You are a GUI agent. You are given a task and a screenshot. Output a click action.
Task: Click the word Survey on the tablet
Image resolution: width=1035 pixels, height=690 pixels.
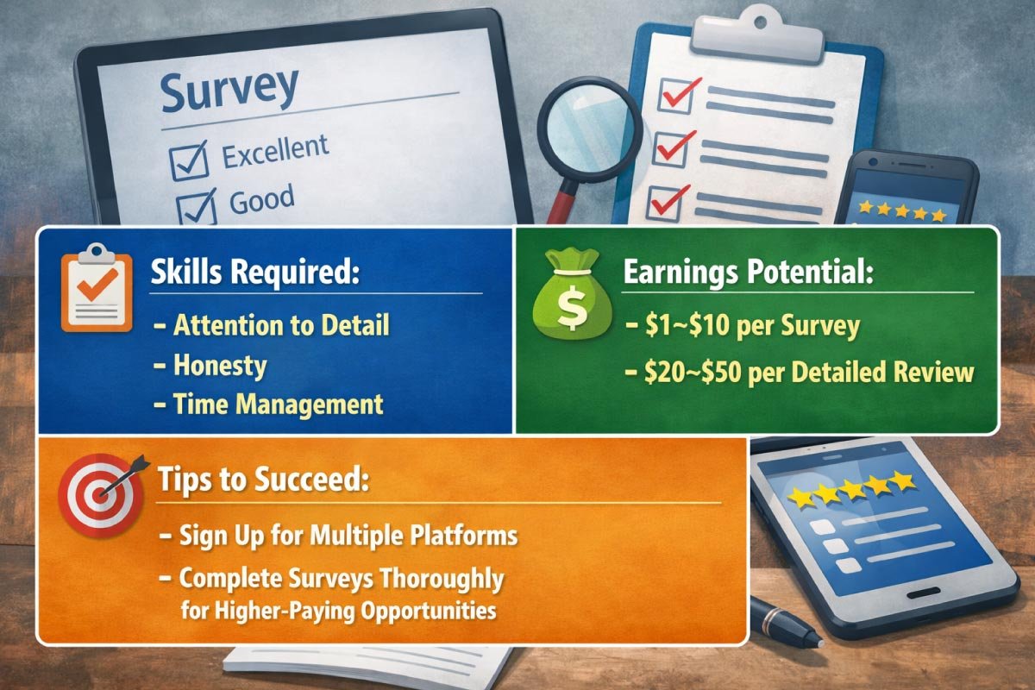228,88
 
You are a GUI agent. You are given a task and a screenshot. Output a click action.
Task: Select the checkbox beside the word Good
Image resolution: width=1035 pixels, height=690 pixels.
195,207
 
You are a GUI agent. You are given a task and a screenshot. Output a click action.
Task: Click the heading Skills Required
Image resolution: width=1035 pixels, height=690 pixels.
254,275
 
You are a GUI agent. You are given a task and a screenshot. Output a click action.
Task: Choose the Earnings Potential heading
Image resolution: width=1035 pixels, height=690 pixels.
748,273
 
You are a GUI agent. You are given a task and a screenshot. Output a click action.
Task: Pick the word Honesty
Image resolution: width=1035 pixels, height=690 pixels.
220,365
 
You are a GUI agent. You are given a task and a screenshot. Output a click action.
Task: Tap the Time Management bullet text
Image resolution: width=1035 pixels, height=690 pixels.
278,404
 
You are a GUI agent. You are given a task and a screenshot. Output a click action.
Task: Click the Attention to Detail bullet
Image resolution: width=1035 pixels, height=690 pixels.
281,325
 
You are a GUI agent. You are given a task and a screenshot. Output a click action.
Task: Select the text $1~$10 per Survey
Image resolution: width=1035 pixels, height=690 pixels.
751,326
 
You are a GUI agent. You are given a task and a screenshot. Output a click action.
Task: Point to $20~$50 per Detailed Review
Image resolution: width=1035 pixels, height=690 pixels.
810,372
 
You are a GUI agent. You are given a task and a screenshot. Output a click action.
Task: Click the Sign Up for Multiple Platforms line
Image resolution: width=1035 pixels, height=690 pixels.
348,536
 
